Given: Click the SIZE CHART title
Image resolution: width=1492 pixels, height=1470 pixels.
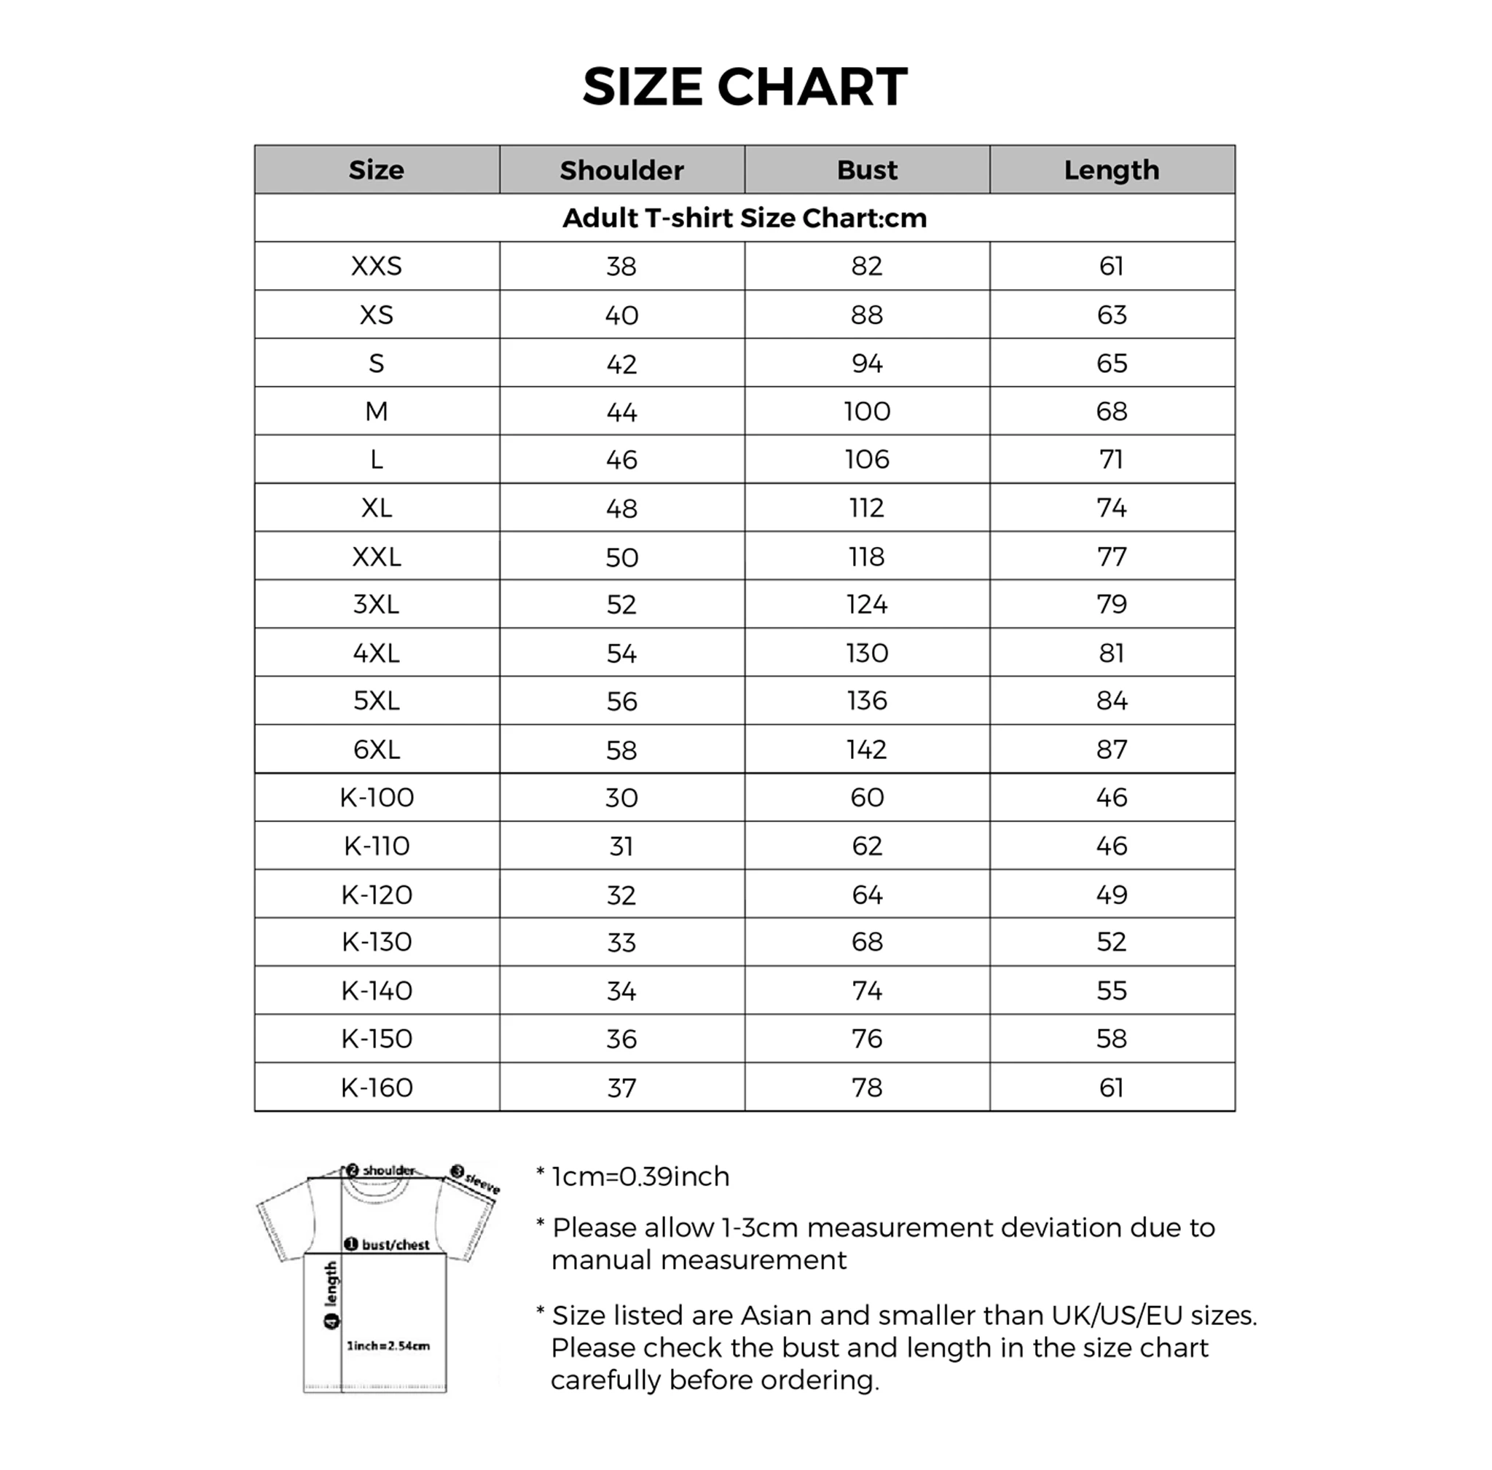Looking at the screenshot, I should tap(745, 87).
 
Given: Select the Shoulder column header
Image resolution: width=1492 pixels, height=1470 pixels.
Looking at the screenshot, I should tap(621, 170).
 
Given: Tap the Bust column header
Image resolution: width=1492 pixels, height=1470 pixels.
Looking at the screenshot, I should tap(866, 170).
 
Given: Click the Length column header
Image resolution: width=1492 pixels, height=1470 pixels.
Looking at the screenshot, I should tap(1111, 170).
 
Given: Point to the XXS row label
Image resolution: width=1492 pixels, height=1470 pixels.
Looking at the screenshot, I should tap(376, 267).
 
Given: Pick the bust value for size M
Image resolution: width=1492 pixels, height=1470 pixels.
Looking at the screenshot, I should tap(866, 412).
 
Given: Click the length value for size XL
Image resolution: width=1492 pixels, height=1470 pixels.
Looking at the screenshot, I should tap(1111, 508).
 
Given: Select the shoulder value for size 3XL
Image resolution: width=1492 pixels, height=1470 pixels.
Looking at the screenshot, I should tap(621, 605).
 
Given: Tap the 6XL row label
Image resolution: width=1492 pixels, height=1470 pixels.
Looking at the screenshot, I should tap(376, 750).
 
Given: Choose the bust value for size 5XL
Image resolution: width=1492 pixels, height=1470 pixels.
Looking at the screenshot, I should tap(866, 701).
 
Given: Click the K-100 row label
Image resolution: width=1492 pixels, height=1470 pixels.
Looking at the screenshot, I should tap(376, 798).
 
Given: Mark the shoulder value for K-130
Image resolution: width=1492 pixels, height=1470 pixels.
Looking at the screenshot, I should tap(621, 943).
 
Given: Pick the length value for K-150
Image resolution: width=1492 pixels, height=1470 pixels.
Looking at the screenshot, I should tap(1111, 1039).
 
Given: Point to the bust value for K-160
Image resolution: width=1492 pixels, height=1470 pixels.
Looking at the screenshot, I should tap(866, 1088).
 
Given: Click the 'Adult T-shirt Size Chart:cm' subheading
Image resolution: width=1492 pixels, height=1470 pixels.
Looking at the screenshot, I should tap(745, 219).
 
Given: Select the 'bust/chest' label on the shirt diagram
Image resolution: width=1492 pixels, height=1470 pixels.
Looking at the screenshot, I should tap(395, 1246).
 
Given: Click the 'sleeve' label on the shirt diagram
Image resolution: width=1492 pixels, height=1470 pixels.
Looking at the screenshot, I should tap(482, 1183).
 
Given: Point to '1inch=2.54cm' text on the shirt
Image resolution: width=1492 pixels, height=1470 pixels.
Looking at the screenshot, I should tap(388, 1345).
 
